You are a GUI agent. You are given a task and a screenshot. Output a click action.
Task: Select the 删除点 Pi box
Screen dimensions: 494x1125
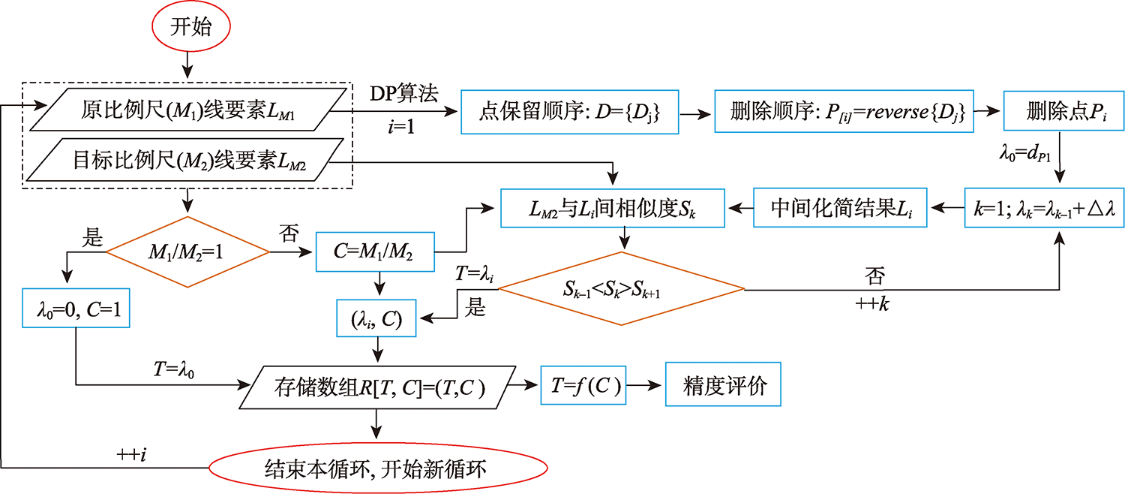(1060, 113)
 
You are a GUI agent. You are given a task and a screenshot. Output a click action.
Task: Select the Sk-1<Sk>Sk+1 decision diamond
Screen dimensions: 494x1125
(621, 288)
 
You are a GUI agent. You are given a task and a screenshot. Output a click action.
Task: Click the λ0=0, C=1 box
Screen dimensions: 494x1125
(76, 308)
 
